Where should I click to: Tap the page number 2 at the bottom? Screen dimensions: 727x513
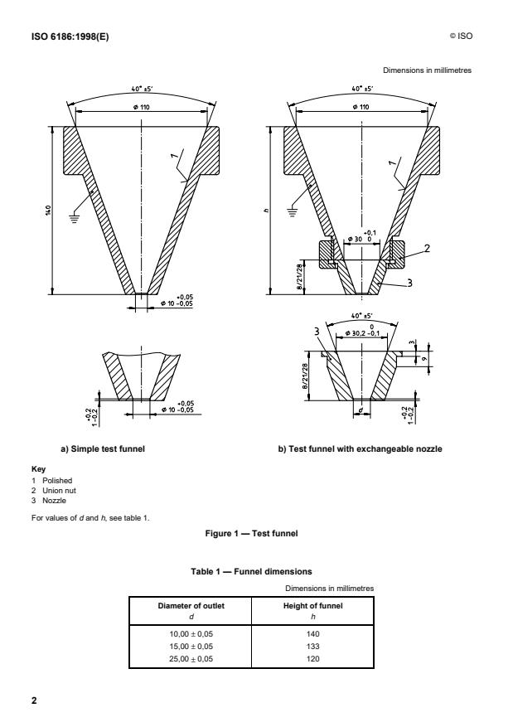click(x=34, y=701)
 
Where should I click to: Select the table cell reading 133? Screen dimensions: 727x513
click(x=313, y=642)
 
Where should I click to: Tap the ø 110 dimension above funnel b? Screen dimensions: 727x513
click(x=360, y=108)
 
